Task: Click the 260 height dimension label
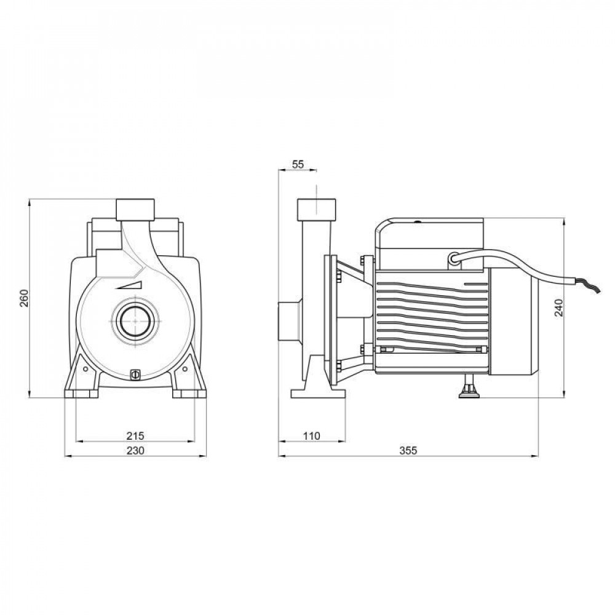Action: (23, 298)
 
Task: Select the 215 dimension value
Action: (135, 435)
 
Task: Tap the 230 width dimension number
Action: (135, 451)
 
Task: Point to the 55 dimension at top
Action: (298, 164)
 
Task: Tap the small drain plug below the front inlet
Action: (135, 375)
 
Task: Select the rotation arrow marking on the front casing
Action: (131, 285)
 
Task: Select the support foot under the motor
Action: (468, 388)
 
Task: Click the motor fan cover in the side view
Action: (514, 326)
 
